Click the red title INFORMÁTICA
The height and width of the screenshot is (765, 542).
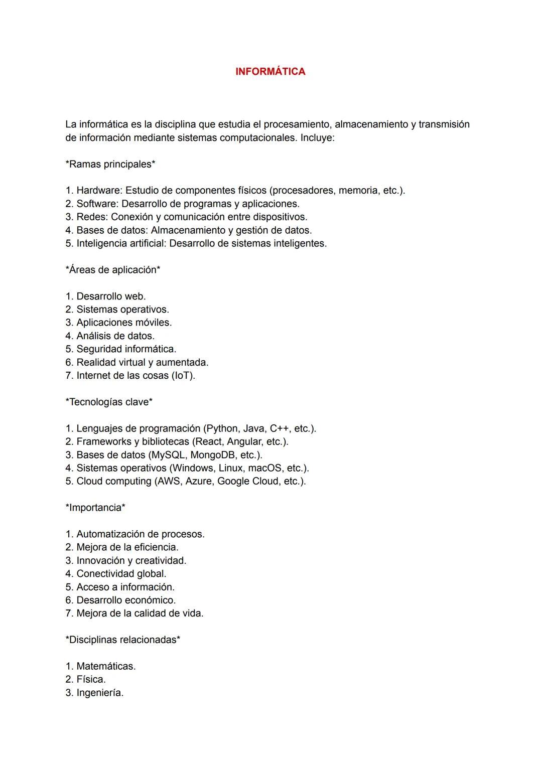coord(270,72)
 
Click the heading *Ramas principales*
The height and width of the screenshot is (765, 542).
coord(110,165)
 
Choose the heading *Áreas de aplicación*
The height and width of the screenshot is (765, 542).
coord(113,270)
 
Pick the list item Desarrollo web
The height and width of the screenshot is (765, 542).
coord(110,296)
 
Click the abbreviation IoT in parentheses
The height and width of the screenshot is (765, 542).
coord(183,376)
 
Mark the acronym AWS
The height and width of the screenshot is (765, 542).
coord(168,482)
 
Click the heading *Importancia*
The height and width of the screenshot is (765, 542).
coord(95,508)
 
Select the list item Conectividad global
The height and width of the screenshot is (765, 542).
coord(121,574)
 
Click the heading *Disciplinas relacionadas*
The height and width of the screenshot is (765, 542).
coord(123,640)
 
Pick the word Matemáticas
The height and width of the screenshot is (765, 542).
coord(105,667)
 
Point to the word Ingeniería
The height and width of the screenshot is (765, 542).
coord(99,693)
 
